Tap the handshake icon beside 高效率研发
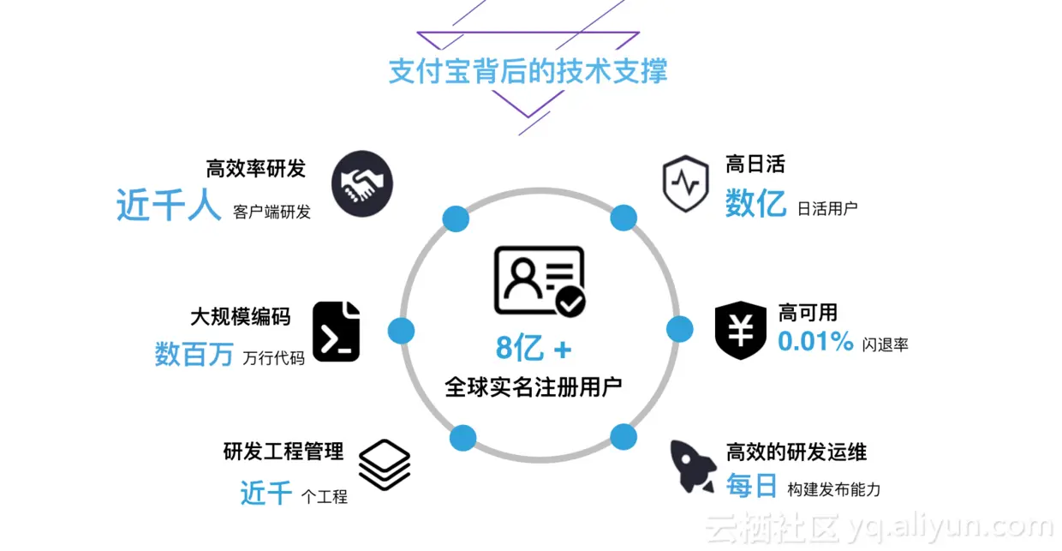(x=361, y=183)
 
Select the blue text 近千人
(x=169, y=207)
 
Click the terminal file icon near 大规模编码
(x=336, y=332)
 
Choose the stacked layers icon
(x=384, y=464)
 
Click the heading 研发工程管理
(x=283, y=451)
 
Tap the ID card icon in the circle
(x=540, y=281)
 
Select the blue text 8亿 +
(x=533, y=349)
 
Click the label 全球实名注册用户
(x=533, y=386)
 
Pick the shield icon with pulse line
(x=685, y=183)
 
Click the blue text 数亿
(x=755, y=204)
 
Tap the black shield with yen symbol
(x=741, y=330)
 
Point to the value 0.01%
(x=815, y=342)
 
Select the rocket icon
(x=692, y=466)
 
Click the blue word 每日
(x=751, y=486)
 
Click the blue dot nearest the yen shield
(x=679, y=329)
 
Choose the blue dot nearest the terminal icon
(x=401, y=330)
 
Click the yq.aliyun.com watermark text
(x=951, y=526)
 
